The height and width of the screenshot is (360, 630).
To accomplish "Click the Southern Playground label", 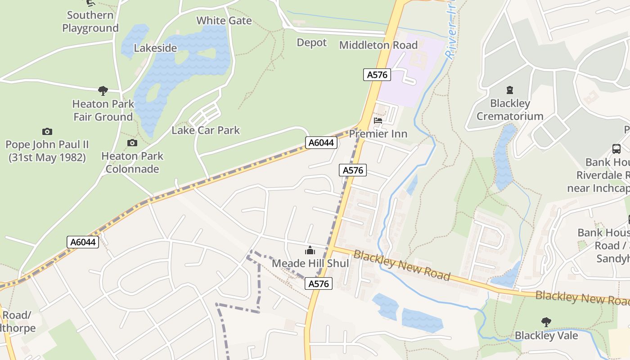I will [90, 22].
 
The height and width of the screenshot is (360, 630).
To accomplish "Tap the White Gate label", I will [224, 21].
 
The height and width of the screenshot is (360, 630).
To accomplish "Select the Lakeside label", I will [155, 48].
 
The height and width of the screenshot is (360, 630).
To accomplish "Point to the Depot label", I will [311, 43].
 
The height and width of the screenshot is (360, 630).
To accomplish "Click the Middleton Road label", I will [378, 45].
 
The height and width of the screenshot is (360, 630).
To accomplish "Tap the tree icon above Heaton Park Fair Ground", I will [103, 91].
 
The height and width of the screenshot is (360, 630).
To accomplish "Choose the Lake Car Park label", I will [206, 130].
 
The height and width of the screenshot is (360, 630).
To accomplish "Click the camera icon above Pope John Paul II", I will [47, 131].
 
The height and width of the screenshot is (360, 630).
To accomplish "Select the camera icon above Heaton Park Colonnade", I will [132, 143].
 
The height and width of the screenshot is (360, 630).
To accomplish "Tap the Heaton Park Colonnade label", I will [132, 162].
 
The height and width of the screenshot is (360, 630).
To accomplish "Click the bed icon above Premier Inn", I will [378, 121].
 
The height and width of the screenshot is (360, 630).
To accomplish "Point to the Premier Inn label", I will [378, 134].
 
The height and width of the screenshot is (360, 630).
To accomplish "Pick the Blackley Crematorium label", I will [510, 110].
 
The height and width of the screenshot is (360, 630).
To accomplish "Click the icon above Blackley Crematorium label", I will [510, 90].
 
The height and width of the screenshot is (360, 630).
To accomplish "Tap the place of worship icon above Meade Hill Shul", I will [310, 250].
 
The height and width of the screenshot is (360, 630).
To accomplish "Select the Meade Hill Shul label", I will [310, 263].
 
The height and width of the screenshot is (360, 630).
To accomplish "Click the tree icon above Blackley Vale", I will [546, 322].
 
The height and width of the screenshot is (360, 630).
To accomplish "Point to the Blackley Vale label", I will [546, 336].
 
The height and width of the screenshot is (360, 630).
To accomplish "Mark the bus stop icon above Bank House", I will [616, 149].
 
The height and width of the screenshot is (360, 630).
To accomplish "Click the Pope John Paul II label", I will [47, 151].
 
